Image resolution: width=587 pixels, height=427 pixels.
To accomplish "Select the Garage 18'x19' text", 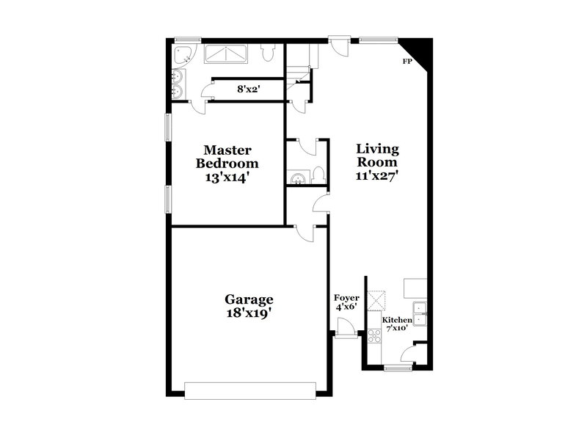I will click(x=249, y=306).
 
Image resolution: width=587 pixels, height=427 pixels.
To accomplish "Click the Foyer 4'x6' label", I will click(x=346, y=302).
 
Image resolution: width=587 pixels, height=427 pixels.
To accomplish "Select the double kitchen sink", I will click(x=420, y=313).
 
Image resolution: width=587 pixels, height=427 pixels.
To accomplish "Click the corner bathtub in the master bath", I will click(x=181, y=55).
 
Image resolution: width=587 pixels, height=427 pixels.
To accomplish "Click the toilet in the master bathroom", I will click(x=267, y=53).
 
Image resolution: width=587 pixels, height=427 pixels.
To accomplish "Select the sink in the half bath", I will click(x=296, y=177).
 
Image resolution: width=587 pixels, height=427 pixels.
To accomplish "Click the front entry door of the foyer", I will click(x=346, y=335).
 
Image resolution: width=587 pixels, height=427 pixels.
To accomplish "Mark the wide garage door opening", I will click(x=251, y=390).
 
